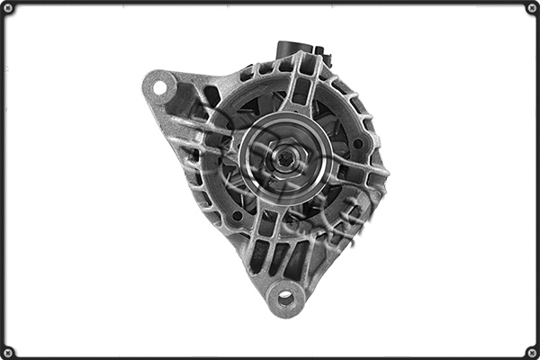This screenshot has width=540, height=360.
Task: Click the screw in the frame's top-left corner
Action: tap(7, 7)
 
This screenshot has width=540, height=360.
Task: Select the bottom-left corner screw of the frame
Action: tap(7, 352)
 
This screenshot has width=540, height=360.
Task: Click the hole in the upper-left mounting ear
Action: tap(161, 87)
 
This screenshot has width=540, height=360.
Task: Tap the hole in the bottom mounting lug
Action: tap(286, 297)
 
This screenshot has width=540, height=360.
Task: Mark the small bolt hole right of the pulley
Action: tap(357, 143)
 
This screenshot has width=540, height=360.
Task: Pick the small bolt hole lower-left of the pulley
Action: tap(237, 216)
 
